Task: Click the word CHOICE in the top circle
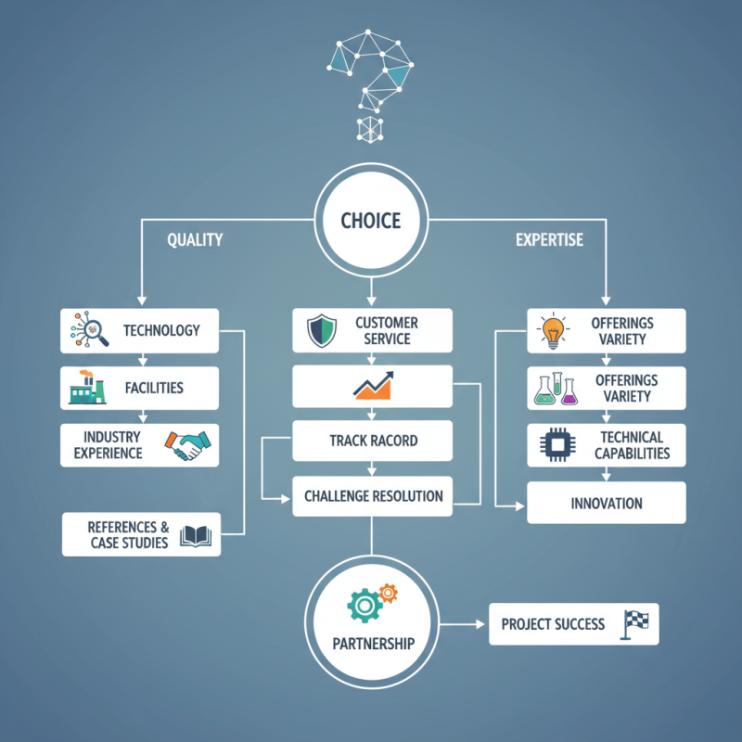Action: coord(371,221)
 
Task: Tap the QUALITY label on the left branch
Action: coord(195,239)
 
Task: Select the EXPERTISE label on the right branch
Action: coord(549,239)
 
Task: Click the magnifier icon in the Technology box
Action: coord(90,330)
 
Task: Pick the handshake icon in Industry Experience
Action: coord(188,445)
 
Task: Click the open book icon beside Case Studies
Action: coord(198,535)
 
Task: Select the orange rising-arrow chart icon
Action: coord(373,386)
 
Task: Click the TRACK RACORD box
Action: coord(372,441)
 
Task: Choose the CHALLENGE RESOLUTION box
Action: coord(372,496)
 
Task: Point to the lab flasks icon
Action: coord(554,389)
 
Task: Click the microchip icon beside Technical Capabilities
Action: coord(555,446)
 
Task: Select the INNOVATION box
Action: coord(607,504)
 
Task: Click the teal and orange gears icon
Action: coord(371,602)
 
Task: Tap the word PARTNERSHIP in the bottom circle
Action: coord(372,643)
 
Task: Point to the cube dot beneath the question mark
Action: coord(370,129)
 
